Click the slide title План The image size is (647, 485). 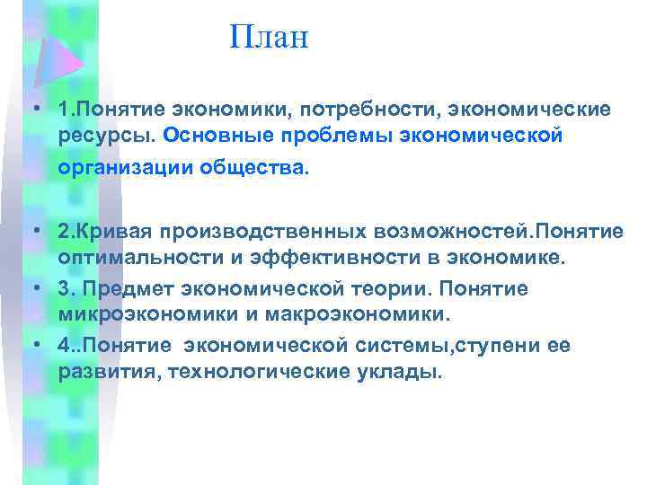pyautogui.click(x=269, y=37)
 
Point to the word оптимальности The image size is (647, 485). pyautogui.click(x=132, y=260)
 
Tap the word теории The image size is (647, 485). pyautogui.click(x=389, y=289)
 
